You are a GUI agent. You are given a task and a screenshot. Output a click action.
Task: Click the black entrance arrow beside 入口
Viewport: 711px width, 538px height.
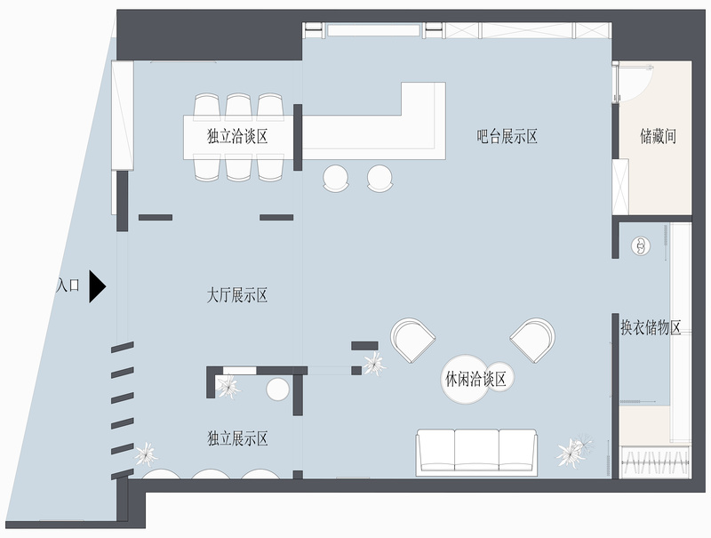pyautogui.click(x=97, y=287)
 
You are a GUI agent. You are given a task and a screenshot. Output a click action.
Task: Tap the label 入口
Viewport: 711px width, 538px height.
pyautogui.click(x=68, y=286)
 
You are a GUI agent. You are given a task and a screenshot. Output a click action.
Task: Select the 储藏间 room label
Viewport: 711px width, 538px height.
pyautogui.click(x=659, y=137)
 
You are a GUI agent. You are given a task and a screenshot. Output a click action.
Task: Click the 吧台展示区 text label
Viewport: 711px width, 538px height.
pyautogui.click(x=507, y=136)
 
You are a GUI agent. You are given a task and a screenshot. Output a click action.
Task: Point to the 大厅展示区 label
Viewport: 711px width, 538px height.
pyautogui.click(x=236, y=295)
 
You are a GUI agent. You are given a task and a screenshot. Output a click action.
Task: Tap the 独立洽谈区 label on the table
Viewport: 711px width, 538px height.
pyautogui.click(x=237, y=136)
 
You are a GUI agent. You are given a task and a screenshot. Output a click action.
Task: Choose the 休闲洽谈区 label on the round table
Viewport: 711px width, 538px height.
pyautogui.click(x=475, y=380)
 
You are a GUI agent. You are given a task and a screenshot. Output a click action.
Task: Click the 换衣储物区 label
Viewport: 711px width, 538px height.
pyautogui.click(x=651, y=327)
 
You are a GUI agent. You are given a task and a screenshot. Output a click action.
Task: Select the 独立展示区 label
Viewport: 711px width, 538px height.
pyautogui.click(x=237, y=438)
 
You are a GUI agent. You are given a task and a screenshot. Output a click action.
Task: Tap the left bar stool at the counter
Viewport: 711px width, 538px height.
pyautogui.click(x=337, y=177)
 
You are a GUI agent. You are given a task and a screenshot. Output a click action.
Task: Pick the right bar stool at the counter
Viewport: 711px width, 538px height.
pyautogui.click(x=379, y=177)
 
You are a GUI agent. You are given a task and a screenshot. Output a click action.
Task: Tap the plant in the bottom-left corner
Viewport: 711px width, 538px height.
pyautogui.click(x=148, y=454)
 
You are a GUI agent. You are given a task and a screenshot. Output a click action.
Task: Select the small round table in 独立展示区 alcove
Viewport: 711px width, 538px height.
pyautogui.click(x=278, y=389)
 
